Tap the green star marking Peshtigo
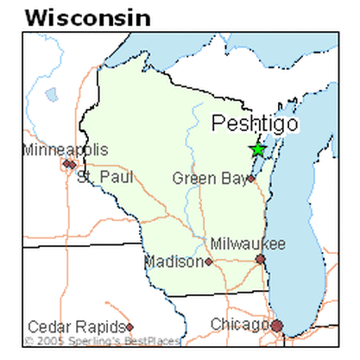[x=257, y=149]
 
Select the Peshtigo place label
[x=255, y=123]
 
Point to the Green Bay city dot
[x=251, y=179]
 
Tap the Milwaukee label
[x=248, y=244]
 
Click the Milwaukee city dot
[x=260, y=259]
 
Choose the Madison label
[x=173, y=261]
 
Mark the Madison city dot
[x=208, y=261]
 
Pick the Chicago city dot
[x=277, y=325]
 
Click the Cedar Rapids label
[x=75, y=326]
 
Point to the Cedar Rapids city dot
[x=129, y=326]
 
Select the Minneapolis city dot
[x=66, y=162]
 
